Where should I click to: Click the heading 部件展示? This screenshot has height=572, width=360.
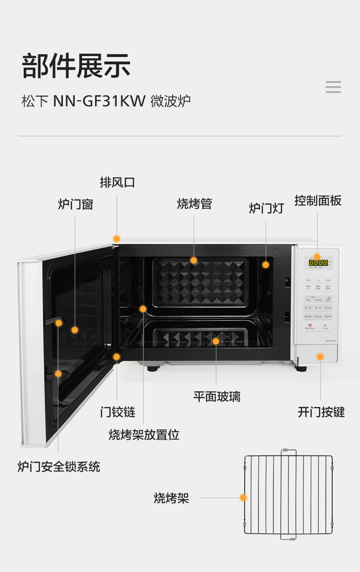pyautogui.click(x=76, y=67)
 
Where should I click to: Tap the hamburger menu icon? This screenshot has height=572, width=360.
pyautogui.click(x=333, y=87)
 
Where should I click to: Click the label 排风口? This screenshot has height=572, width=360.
pyautogui.click(x=117, y=183)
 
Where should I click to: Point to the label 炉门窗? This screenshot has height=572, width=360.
pyautogui.click(x=75, y=204)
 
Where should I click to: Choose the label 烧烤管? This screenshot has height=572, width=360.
pyautogui.click(x=194, y=204)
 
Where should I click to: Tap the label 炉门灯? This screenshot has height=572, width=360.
pyautogui.click(x=266, y=208)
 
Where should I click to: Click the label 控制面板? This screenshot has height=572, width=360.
pyautogui.click(x=318, y=201)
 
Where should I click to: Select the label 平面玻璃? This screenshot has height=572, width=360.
pyautogui.click(x=216, y=397)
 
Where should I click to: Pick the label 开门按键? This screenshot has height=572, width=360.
pyautogui.click(x=321, y=412)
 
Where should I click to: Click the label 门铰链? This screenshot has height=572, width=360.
pyautogui.click(x=118, y=412)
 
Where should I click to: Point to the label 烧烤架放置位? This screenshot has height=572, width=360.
pyautogui.click(x=144, y=435)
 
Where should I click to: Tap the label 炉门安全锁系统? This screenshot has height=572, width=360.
pyautogui.click(x=58, y=467)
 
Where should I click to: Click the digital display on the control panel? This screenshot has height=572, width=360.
pyautogui.click(x=318, y=263)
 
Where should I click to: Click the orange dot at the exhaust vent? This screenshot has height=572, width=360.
pyautogui.click(x=117, y=238)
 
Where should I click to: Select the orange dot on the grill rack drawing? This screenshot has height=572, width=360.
pyautogui.click(x=243, y=498)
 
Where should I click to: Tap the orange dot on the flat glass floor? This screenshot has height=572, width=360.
pyautogui.click(x=216, y=341)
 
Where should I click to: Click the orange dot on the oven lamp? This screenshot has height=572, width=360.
pyautogui.click(x=265, y=264)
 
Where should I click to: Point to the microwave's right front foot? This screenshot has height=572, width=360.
pyautogui.click(x=301, y=367)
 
